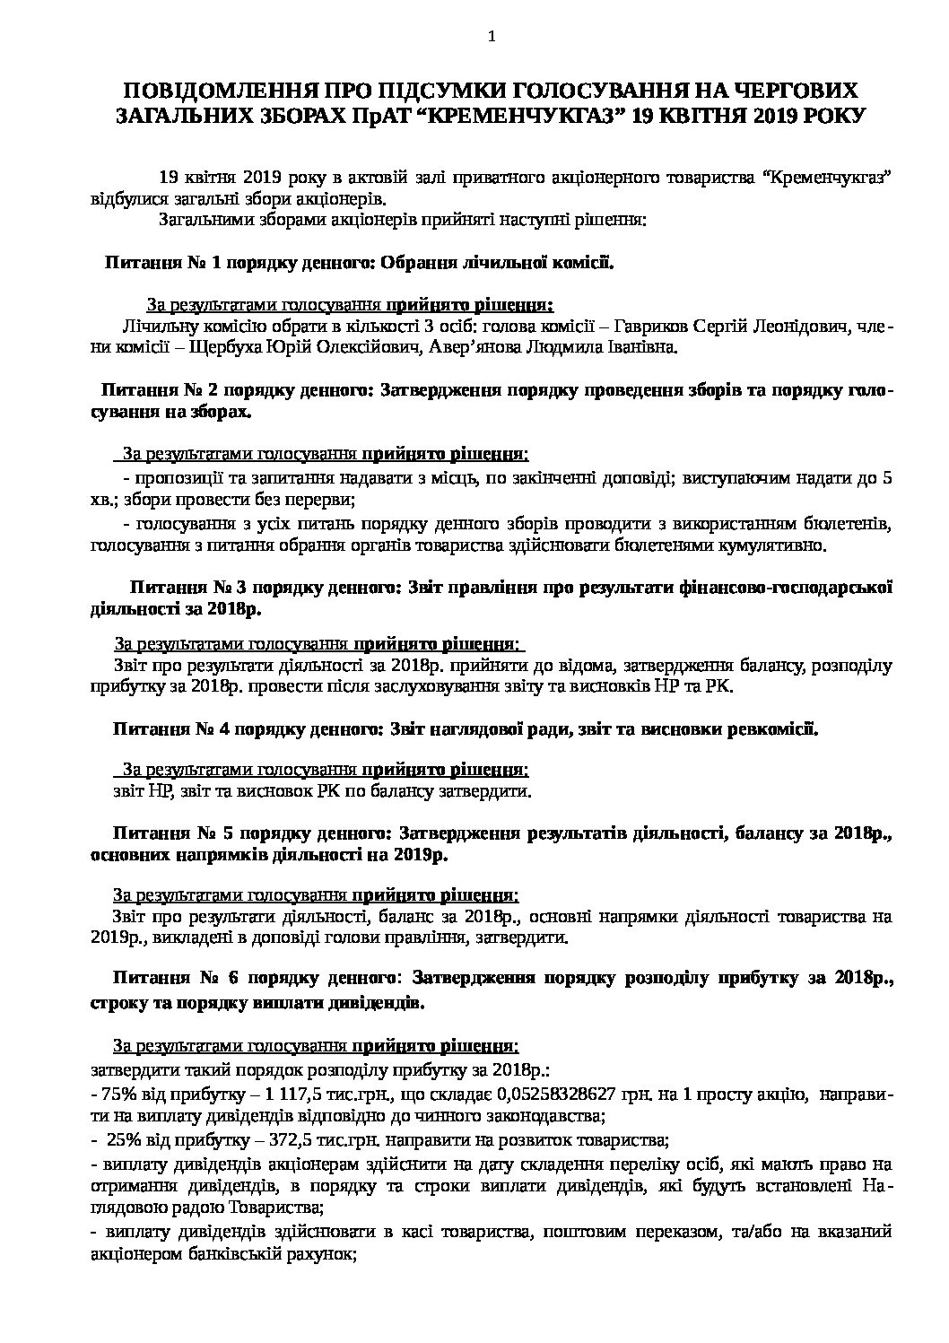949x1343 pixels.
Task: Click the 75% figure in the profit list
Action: (x=118, y=1094)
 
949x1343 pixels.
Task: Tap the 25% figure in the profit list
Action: (x=123, y=1141)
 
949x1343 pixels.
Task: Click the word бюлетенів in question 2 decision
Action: (x=849, y=523)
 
